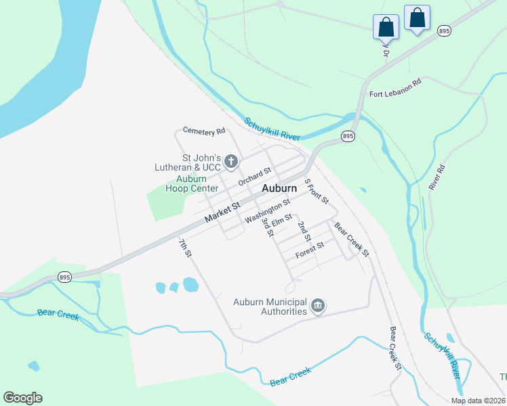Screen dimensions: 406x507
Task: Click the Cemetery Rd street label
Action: click(204, 131)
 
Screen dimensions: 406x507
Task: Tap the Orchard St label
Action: click(254, 177)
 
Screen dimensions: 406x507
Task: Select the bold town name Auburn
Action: click(279, 188)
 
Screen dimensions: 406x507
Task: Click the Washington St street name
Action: click(268, 210)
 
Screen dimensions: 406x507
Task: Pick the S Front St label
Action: click(316, 191)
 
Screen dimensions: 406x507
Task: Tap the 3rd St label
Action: click(267, 227)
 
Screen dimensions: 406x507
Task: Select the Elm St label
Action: click(281, 219)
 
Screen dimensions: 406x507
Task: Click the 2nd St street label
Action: click(304, 231)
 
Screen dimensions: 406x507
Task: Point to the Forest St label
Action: click(310, 250)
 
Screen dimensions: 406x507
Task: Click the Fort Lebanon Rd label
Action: click(395, 87)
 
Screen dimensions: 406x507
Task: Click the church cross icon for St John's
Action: click(231, 161)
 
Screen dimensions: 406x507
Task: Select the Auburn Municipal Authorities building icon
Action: click(317, 307)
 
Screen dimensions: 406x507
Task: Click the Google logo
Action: click(22, 398)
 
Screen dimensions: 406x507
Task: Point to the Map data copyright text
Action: click(478, 401)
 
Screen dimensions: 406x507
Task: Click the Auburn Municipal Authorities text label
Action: click(270, 307)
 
